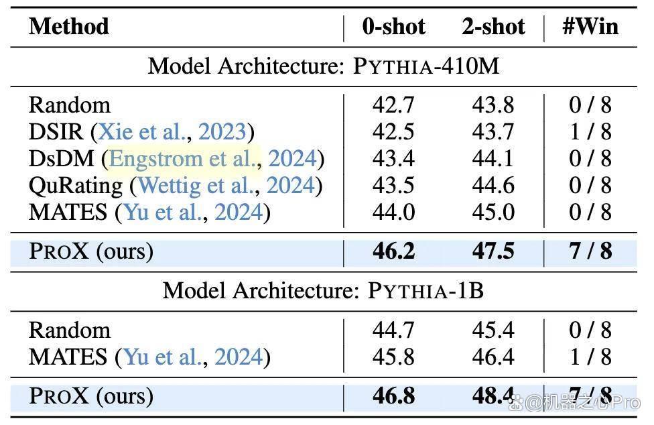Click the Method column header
point(69,26)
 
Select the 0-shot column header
point(394,27)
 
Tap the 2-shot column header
point(493,27)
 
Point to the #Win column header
point(590,26)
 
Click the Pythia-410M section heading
point(324,66)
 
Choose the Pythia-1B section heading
point(323,290)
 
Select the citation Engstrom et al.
point(184,158)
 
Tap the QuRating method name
point(76,186)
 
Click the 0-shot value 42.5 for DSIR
point(393,132)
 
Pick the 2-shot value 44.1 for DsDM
point(493,158)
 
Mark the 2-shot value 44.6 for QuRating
point(493,185)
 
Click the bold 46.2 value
point(393,251)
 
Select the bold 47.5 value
point(493,251)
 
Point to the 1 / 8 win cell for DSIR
point(590,132)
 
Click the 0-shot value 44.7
point(393,330)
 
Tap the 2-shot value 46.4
point(493,357)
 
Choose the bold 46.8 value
point(393,396)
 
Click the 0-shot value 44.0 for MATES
point(393,212)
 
